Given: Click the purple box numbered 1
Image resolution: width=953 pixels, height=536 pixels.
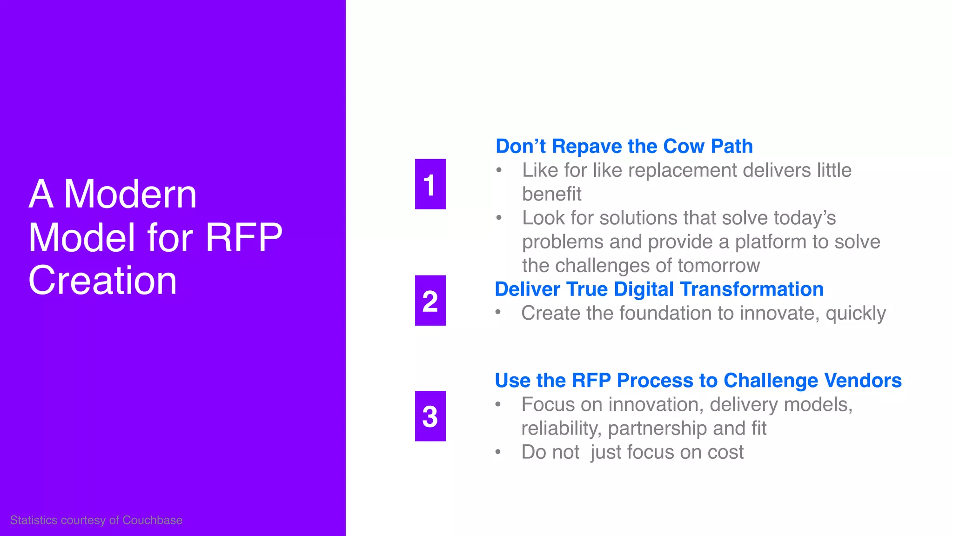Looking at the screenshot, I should click(x=430, y=184).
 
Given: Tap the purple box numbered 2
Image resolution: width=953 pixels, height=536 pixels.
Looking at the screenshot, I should click(x=430, y=301).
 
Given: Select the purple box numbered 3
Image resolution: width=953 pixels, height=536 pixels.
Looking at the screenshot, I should click(x=430, y=416).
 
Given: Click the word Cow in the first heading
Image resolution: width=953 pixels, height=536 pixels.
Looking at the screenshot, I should click(x=684, y=147).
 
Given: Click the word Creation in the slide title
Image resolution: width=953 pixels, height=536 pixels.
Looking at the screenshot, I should click(x=102, y=281).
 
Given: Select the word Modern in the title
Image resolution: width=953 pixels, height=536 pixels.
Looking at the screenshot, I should click(x=130, y=194).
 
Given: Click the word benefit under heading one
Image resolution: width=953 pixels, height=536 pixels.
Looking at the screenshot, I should click(x=551, y=194).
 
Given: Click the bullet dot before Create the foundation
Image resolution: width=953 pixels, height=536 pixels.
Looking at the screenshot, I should click(x=498, y=312).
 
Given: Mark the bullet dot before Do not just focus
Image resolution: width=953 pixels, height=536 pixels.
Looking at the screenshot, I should click(x=498, y=451).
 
